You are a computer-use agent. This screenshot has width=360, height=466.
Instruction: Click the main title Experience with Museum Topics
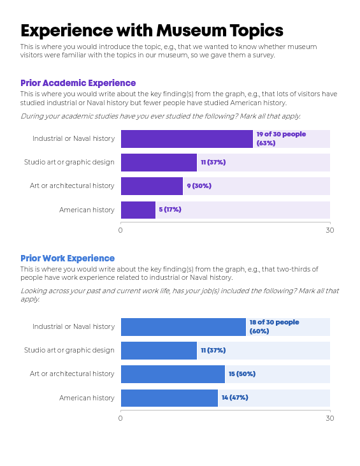(152, 31)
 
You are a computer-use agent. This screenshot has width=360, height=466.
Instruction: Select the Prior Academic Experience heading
(78, 83)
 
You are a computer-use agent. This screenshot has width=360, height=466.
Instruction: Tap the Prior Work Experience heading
(68, 258)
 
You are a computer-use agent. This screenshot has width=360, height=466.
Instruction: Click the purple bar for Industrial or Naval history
(187, 138)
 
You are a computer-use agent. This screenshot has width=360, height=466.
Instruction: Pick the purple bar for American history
(138, 210)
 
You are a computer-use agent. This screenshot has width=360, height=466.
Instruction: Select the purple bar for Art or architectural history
(152, 186)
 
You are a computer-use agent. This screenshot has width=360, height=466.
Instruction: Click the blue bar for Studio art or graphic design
(159, 351)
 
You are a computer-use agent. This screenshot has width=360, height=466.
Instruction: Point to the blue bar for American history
(169, 398)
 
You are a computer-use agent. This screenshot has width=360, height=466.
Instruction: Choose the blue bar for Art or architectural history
(173, 374)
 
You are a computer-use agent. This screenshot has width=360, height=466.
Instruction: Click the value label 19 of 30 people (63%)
(280, 138)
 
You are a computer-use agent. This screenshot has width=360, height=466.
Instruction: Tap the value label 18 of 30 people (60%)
(273, 326)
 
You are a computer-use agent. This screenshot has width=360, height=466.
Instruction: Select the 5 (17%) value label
(170, 210)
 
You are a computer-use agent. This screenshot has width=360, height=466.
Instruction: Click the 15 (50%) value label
(242, 374)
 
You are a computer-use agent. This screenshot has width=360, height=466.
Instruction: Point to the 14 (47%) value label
(235, 398)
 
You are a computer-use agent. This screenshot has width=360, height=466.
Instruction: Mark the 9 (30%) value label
(199, 186)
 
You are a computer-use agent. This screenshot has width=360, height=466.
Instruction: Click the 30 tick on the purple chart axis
(329, 230)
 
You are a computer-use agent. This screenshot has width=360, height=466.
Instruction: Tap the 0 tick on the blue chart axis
(120, 418)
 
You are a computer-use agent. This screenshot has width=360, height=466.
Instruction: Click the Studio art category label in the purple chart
(69, 162)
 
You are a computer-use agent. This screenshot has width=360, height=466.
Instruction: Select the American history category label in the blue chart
(87, 398)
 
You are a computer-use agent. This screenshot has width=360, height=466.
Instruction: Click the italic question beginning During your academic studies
(161, 116)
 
